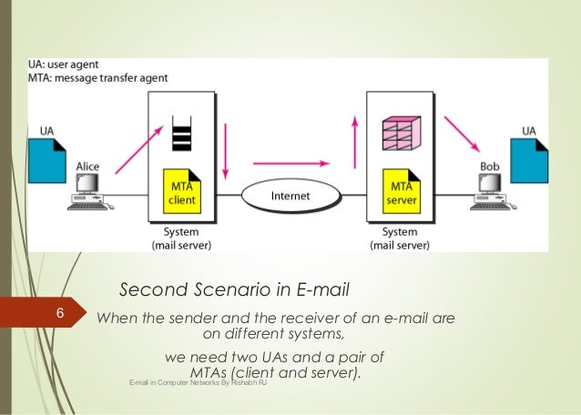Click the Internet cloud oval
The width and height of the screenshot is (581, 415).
click(x=290, y=195)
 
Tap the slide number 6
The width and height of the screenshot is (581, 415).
click(x=59, y=315)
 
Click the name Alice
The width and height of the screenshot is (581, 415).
click(x=88, y=167)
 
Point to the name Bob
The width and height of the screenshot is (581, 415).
click(x=490, y=167)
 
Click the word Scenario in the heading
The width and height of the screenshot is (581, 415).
click(x=245, y=291)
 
